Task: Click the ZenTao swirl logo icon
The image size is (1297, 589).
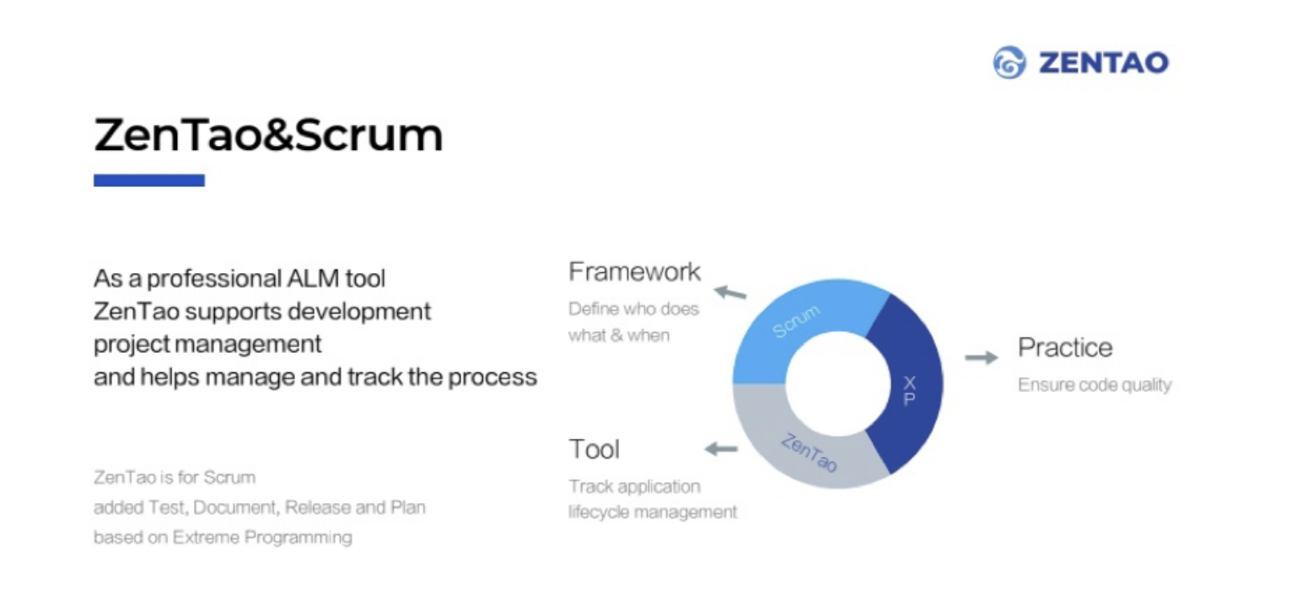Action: tap(1009, 62)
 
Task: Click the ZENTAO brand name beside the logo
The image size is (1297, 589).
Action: tap(1104, 63)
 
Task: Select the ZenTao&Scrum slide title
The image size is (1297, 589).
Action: tap(268, 135)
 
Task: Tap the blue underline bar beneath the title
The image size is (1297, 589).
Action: tap(149, 180)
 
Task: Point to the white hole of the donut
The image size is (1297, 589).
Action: tap(838, 384)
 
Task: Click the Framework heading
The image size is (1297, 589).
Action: tap(635, 272)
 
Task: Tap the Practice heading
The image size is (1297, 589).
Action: tap(1065, 348)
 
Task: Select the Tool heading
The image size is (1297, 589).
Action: tap(594, 450)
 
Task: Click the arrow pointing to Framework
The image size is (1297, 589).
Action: tap(730, 292)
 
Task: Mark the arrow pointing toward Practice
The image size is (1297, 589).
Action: tap(982, 357)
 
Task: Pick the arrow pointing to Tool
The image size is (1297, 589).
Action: tap(721, 448)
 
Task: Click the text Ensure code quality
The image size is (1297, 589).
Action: tap(1095, 385)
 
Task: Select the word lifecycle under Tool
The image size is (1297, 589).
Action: tap(599, 512)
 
